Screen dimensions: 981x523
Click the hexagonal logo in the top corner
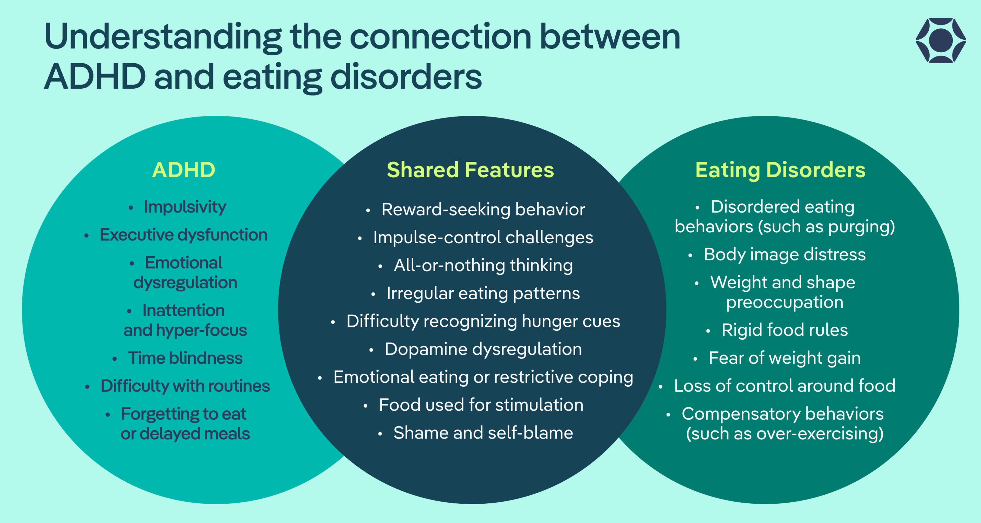[941, 40]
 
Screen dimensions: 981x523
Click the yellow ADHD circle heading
[184, 170]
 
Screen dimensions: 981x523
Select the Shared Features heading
[470, 170]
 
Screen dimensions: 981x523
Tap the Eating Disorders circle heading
[780, 170]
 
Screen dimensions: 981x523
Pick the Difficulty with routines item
[185, 386]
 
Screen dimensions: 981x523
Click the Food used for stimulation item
[481, 405]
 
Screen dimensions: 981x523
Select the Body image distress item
[785, 254]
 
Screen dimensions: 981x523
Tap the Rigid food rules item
[785, 330]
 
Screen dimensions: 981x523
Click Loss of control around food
[785, 386]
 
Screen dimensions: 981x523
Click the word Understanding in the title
[163, 37]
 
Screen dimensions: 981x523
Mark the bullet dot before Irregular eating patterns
[373, 294]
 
